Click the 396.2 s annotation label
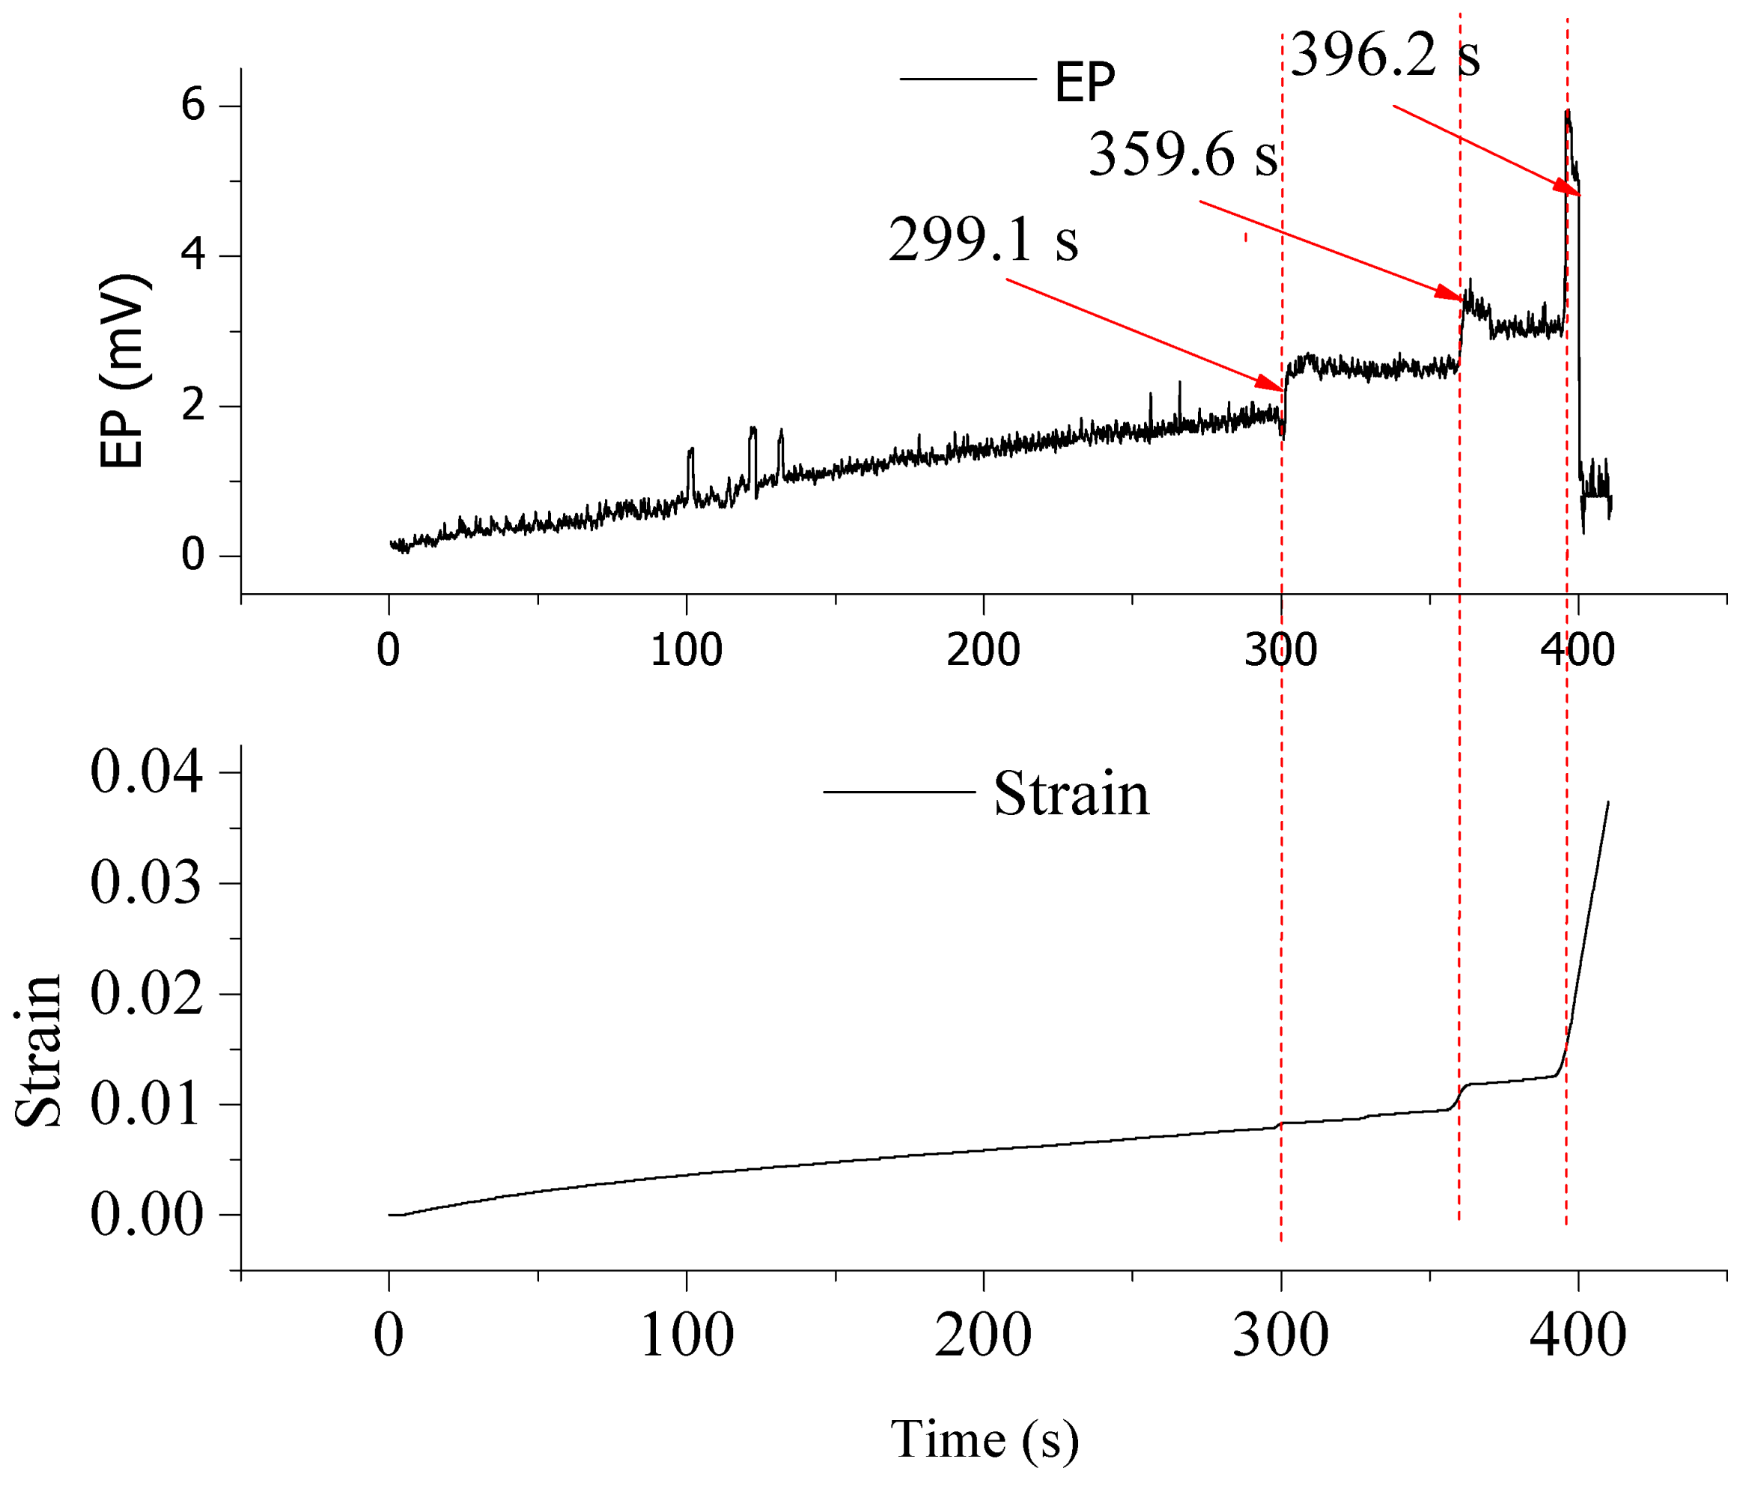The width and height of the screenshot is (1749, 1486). coord(1384,55)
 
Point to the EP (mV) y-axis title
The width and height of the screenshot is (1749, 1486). coord(122,371)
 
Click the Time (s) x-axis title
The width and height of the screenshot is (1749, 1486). coord(984,1439)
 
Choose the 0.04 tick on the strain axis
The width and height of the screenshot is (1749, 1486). coord(147,772)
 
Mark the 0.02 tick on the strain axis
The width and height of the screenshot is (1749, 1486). coord(147,993)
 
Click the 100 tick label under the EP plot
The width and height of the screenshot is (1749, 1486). coord(687,650)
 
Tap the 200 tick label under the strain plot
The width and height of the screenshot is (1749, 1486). coord(983,1336)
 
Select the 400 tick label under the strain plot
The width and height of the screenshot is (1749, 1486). coord(1578,1336)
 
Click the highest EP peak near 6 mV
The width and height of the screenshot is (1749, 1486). coord(1567,112)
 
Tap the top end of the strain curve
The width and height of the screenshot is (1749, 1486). coord(1607,803)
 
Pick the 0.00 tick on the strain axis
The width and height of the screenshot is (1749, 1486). coord(147,1215)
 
